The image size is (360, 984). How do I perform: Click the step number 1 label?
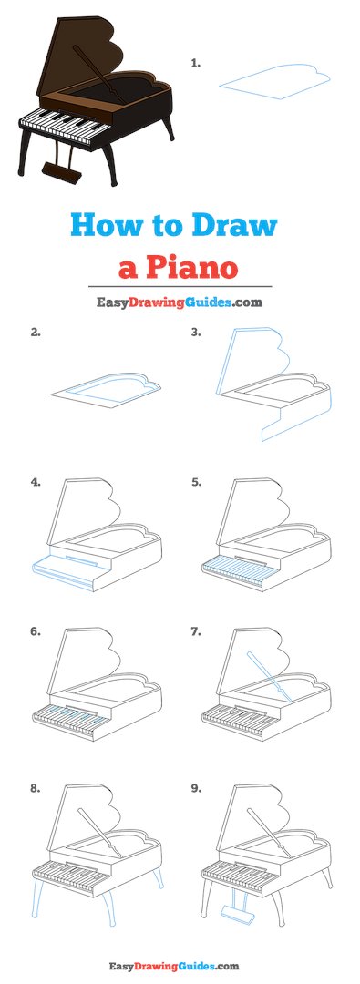[x=195, y=63]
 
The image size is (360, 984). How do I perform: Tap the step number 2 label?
[x=36, y=333]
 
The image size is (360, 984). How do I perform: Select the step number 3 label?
[x=195, y=333]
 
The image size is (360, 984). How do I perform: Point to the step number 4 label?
[x=36, y=483]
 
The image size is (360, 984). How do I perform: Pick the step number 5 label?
[x=195, y=483]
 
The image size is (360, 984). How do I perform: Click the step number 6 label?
[x=36, y=631]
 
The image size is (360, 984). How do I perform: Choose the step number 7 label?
[x=195, y=631]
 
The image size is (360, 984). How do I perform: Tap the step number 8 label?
[x=36, y=789]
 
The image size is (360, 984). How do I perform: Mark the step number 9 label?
[x=195, y=789]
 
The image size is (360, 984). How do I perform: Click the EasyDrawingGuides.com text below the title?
[x=180, y=302]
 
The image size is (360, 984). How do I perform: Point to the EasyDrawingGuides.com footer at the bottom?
[x=180, y=965]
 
